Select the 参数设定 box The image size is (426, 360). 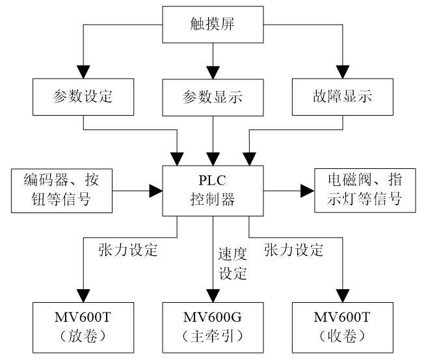(x=84, y=97)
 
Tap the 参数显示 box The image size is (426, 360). (x=212, y=97)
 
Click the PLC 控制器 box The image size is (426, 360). (x=212, y=190)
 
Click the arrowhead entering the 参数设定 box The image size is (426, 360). (x=84, y=71)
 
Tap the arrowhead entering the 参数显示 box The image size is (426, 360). (x=212, y=71)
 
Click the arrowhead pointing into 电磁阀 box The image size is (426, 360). (x=307, y=190)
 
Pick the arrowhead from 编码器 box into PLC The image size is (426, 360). (x=155, y=190)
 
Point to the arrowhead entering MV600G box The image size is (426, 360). (x=213, y=294)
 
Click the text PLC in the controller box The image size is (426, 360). (x=212, y=181)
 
